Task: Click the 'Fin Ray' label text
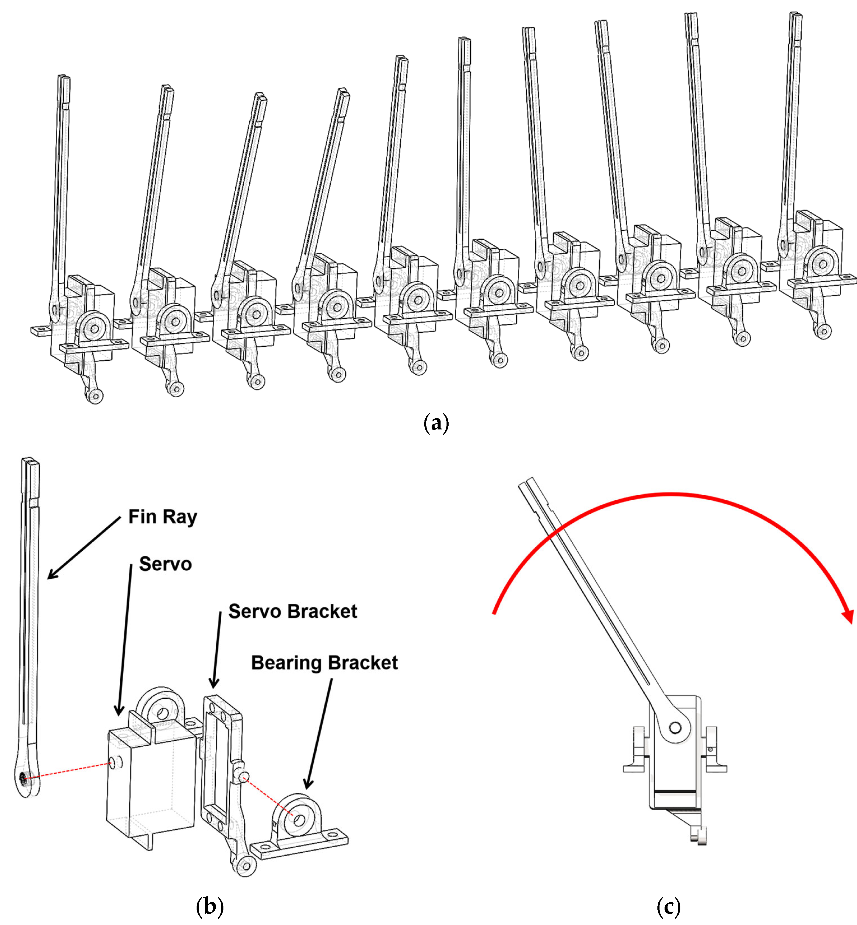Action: pyautogui.click(x=162, y=517)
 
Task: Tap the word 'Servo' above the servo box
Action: pyautogui.click(x=165, y=564)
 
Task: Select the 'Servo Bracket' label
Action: pyautogui.click(x=293, y=612)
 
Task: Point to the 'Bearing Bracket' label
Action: pyautogui.click(x=324, y=663)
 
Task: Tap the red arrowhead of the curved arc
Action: pyautogui.click(x=848, y=617)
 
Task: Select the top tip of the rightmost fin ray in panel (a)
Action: pyautogui.click(x=796, y=15)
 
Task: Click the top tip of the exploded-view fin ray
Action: pyautogui.click(x=30, y=461)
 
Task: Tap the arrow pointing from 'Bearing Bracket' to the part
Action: pyautogui.click(x=319, y=733)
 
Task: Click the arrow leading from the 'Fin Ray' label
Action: pyautogui.click(x=83, y=549)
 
